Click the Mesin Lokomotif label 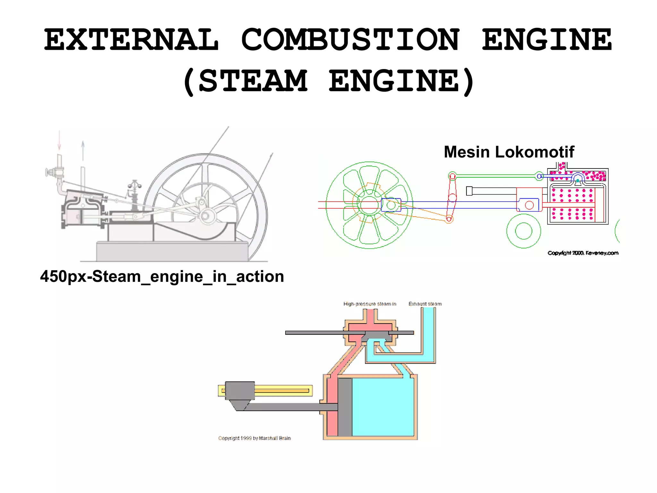(x=509, y=152)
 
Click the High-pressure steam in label (x=370, y=304)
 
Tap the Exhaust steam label (x=425, y=304)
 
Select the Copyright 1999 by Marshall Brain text (x=254, y=438)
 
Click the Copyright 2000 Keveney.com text (x=583, y=253)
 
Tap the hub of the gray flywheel (x=205, y=215)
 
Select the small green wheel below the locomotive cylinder (x=524, y=231)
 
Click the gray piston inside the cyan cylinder (x=345, y=407)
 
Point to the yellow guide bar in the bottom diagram (x=282, y=391)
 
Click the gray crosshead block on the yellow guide (x=240, y=391)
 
